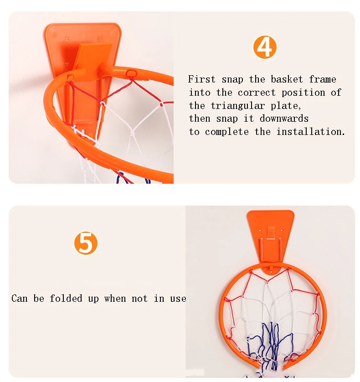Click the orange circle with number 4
pyautogui.click(x=265, y=47)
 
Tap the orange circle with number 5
pyautogui.click(x=86, y=243)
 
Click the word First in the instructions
pyautogui.click(x=202, y=79)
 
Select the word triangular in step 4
pyautogui.click(x=238, y=106)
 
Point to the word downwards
pyautogui.click(x=284, y=119)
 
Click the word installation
pyautogui.click(x=311, y=132)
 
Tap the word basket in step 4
pyautogui.click(x=287, y=79)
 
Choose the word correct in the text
pyautogui.click(x=257, y=93)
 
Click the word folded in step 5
pyautogui.click(x=66, y=299)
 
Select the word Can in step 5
pyautogui.click(x=20, y=299)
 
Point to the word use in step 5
pyautogui.click(x=178, y=299)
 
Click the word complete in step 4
pyautogui.click(x=227, y=132)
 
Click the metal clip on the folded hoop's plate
pyautogui.click(x=271, y=232)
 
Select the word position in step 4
pyautogui.click(x=303, y=93)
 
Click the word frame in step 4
pyautogui.click(x=323, y=79)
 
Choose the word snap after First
pyautogui.click(x=232, y=80)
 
